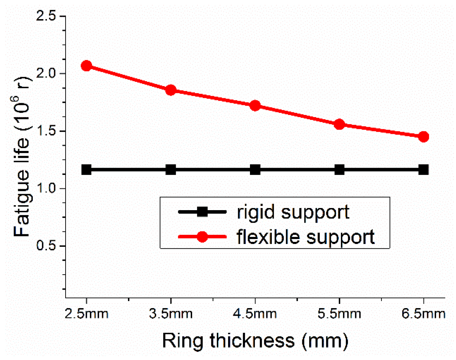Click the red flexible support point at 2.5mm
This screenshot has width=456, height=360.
coord(86,66)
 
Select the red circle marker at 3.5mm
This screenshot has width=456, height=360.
coord(171,90)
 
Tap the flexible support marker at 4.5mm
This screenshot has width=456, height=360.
coord(255,106)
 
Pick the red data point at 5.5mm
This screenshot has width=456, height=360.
coord(340,124)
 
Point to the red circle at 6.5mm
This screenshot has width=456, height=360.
coord(424,137)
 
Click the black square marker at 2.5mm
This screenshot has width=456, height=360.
coord(86,170)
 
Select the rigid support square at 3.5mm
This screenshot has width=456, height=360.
coord(171,170)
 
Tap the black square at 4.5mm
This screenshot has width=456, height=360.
coord(255,170)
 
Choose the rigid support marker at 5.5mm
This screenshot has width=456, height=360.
coord(340,170)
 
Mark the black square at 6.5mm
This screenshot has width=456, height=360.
coord(424,170)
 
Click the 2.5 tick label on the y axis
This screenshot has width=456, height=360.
coord(46,16)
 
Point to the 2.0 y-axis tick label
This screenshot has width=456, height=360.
coord(46,74)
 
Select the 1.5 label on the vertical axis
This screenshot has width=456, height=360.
coord(46,131)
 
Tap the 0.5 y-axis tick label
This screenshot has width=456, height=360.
coord(46,246)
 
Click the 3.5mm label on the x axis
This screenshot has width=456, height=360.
coord(171,314)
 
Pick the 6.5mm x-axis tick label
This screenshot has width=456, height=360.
coord(424,314)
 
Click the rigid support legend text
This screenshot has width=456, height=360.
coord(293,212)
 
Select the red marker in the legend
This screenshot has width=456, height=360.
coord(202,237)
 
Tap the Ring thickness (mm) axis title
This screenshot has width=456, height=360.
coord(255,340)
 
